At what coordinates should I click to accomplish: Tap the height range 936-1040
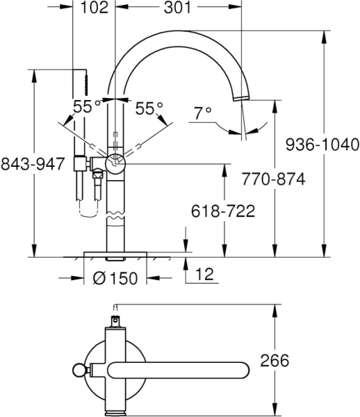[x=323, y=145]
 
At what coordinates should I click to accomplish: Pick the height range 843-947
[x=33, y=164]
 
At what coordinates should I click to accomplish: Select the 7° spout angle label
[x=202, y=113]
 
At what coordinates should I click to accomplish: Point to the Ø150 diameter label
[x=115, y=278]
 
